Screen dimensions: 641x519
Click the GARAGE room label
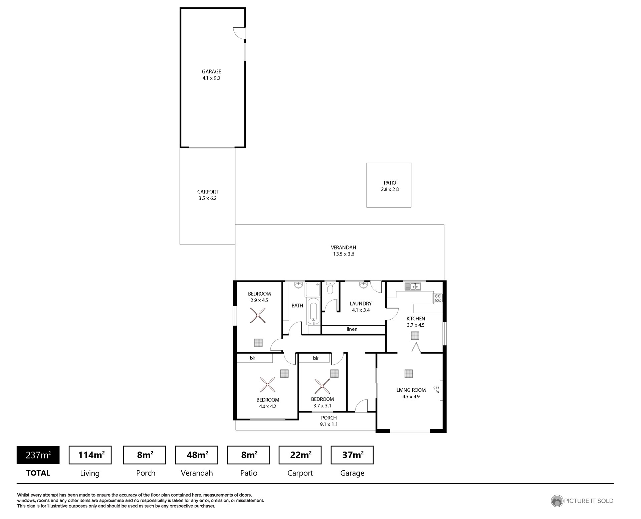coord(211,71)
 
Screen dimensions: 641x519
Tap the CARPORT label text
coord(208,192)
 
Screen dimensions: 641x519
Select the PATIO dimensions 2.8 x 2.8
coord(390,189)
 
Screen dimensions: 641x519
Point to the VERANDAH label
coord(344,247)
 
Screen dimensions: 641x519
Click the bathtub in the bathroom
coord(313,311)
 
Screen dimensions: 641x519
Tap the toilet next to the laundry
coord(330,288)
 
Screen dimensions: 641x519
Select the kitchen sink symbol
coord(413,286)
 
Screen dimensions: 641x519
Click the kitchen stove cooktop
coord(438,298)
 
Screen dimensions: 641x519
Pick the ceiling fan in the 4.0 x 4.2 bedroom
coord(267,385)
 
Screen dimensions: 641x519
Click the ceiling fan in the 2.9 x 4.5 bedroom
coord(258,315)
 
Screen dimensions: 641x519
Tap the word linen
coord(352,329)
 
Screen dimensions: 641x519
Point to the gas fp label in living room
coord(436,389)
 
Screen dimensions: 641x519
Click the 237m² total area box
coord(38,455)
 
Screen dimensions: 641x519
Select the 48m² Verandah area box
coord(197,455)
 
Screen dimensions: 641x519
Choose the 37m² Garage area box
coord(352,455)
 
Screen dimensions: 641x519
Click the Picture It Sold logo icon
coord(557,501)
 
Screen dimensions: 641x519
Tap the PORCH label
coord(329,418)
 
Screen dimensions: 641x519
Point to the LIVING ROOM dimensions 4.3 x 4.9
coord(411,396)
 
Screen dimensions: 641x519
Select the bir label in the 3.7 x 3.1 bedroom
coord(316,358)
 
